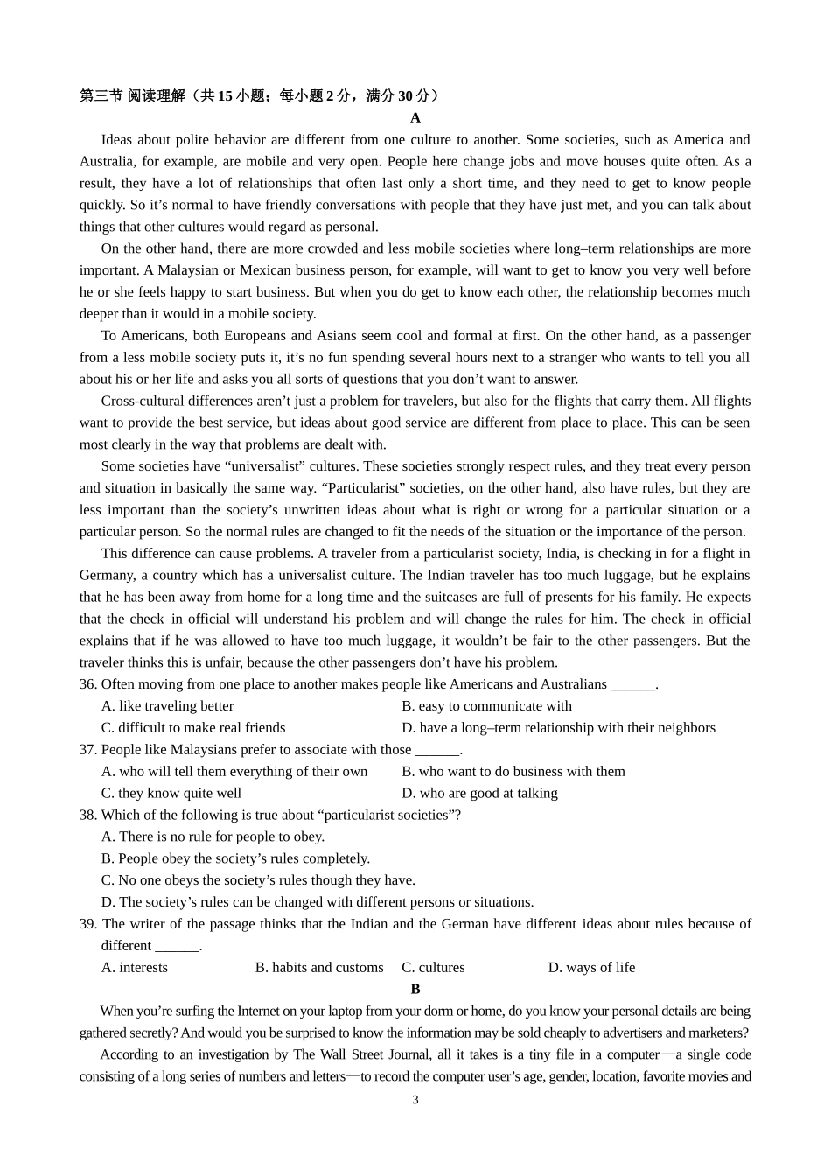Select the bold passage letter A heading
415,118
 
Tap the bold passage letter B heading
415,990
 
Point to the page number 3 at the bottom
415,1100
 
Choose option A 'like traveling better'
167,706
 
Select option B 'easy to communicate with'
486,706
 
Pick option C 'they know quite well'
171,794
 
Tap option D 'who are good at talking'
479,794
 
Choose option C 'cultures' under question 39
433,968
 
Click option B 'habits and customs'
319,968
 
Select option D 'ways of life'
591,968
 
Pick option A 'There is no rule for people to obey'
213,837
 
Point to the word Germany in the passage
105,576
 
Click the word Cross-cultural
143,402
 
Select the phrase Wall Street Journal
374,1055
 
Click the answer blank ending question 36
632,685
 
